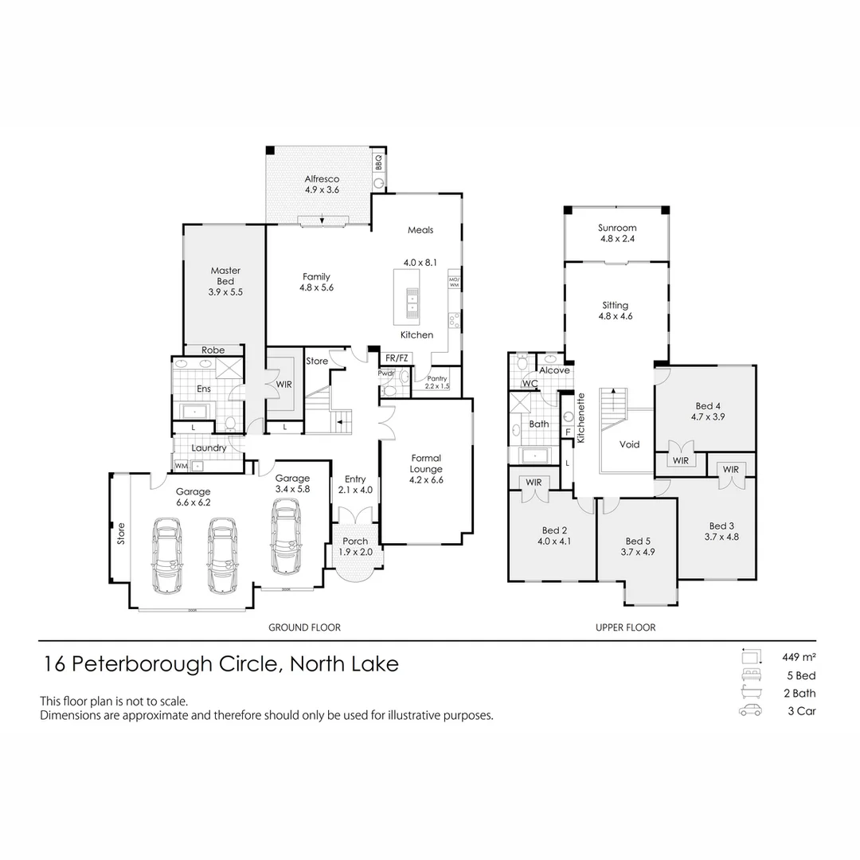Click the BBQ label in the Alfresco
tap(379, 163)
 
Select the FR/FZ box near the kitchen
tap(397, 358)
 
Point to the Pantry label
tap(437, 379)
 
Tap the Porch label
tap(355, 546)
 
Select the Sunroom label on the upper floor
tap(617, 233)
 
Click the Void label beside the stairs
tap(630, 444)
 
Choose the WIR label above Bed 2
tap(534, 482)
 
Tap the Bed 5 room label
tap(638, 546)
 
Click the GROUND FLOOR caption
tap(304, 627)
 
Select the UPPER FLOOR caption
tap(625, 627)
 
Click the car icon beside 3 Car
tap(749, 711)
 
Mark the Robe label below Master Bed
tap(213, 350)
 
